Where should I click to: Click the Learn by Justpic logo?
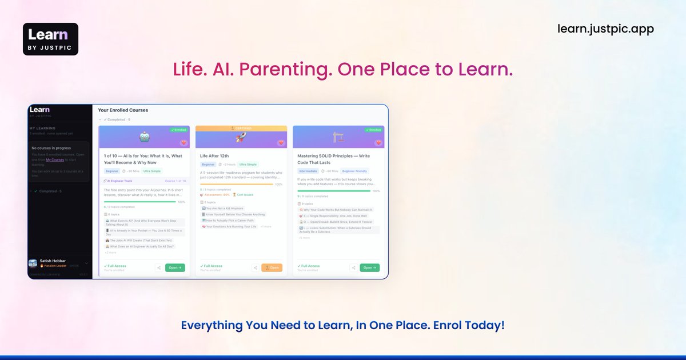point(50,39)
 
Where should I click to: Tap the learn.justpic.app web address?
point(605,29)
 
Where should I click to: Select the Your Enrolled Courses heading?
point(123,110)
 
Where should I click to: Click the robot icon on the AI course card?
point(144,137)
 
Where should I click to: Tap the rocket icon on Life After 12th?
point(241,137)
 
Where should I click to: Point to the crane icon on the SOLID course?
point(338,137)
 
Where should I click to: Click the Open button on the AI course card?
point(175,267)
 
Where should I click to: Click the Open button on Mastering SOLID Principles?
point(369,267)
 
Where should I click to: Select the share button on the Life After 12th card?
point(256,267)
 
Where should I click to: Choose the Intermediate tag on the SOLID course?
point(308,171)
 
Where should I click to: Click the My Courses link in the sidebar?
point(55,160)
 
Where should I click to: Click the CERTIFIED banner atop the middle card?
point(241,129)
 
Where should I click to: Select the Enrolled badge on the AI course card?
point(180,130)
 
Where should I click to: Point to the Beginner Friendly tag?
point(355,171)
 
